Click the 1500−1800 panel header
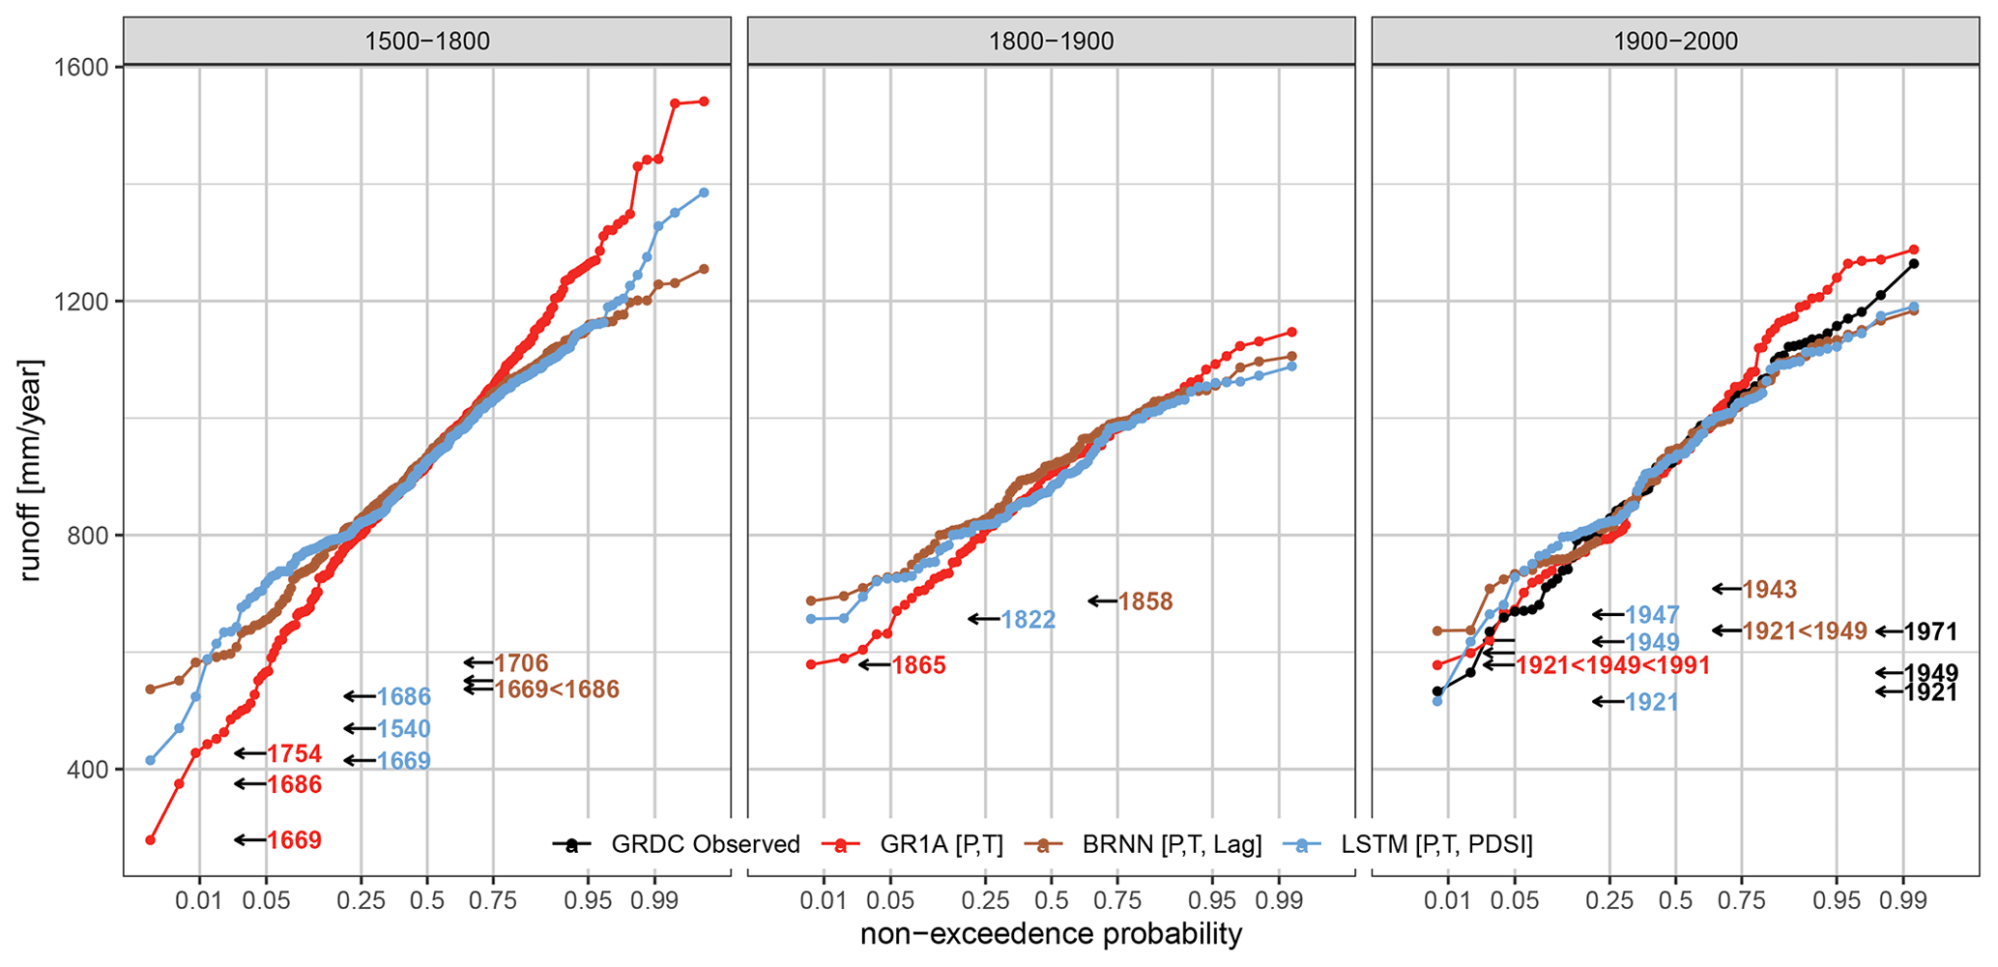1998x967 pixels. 426,42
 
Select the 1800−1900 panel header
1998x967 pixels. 1051,42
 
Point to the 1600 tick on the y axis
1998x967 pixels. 84,67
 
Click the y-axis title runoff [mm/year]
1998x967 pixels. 30,470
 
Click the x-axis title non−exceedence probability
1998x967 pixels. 1051,935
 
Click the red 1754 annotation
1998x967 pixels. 295,754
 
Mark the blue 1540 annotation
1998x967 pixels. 403,729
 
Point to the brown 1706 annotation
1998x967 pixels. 521,663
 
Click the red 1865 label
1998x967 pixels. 918,665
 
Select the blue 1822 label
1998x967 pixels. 1028,620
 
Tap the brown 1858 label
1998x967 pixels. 1145,601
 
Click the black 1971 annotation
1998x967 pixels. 1930,632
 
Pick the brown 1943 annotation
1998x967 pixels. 1769,589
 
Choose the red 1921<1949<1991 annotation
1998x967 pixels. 1612,665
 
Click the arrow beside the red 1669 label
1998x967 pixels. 250,840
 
